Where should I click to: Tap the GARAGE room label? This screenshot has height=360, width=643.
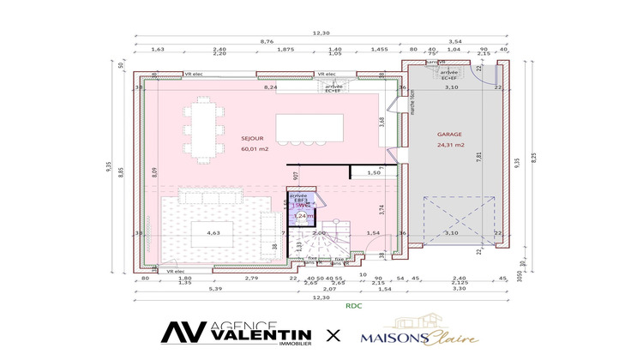pos(449,135)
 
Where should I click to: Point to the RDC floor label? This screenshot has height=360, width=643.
pos(353,305)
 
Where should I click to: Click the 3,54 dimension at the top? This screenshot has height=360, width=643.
pos(454,41)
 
